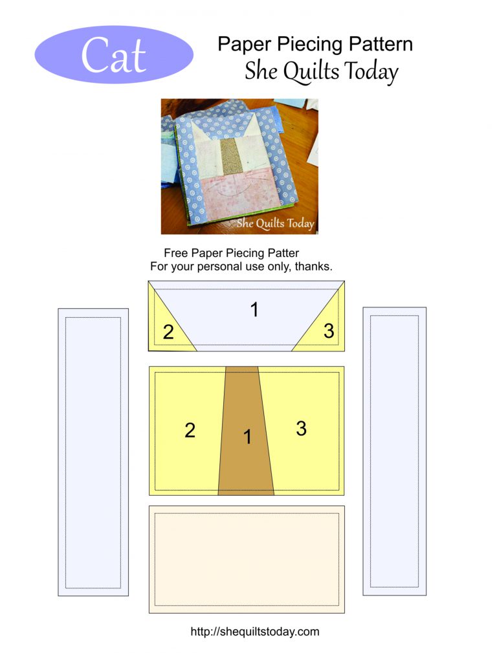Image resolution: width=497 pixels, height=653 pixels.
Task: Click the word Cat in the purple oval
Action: [x=113, y=55]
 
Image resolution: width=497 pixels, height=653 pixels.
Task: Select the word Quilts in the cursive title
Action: [x=311, y=71]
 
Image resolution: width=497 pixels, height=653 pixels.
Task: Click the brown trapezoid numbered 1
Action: [x=246, y=430]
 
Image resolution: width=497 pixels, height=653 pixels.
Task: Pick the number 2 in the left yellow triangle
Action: [x=168, y=332]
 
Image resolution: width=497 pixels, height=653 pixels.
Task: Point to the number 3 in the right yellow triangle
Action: [x=329, y=331]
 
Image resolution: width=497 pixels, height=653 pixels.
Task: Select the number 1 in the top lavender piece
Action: [x=254, y=309]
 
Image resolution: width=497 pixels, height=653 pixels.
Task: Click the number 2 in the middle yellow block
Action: [x=190, y=430]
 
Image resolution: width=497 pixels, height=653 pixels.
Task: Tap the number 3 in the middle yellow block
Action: [x=301, y=428]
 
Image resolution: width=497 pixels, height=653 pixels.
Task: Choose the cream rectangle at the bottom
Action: [x=247, y=559]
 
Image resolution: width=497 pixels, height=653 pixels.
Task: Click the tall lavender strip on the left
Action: [x=93, y=452]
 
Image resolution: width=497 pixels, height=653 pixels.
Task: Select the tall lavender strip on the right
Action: [x=395, y=451]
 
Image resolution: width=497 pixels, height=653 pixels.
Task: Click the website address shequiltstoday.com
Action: [x=255, y=632]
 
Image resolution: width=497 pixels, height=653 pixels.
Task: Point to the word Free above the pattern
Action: [x=176, y=253]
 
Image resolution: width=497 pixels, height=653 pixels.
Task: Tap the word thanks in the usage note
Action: [x=313, y=266]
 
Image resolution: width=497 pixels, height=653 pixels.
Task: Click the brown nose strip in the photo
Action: [x=231, y=156]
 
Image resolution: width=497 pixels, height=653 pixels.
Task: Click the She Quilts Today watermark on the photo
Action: [x=276, y=223]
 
